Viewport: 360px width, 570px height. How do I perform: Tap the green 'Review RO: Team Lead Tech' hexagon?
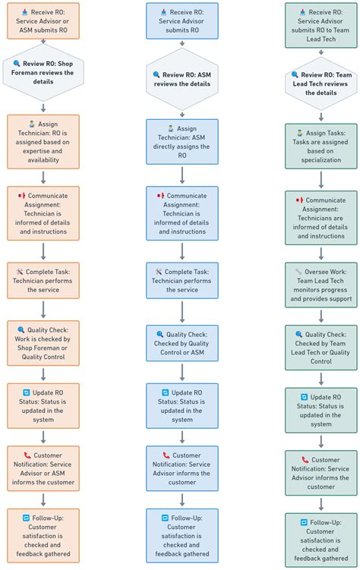click(321, 83)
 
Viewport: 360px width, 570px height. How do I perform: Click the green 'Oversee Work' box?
click(321, 285)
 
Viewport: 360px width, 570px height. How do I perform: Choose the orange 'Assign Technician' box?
click(43, 141)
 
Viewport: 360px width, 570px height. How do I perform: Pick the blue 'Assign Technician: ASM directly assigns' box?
click(182, 142)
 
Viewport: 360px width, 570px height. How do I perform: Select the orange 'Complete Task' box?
click(43, 280)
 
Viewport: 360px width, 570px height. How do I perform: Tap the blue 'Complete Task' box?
click(182, 281)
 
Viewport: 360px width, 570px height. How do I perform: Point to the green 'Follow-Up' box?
click(321, 539)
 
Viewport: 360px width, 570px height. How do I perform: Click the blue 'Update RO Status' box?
click(182, 406)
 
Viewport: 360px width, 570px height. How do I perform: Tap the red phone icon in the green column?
click(305, 460)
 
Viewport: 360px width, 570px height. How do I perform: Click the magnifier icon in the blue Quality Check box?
click(160, 334)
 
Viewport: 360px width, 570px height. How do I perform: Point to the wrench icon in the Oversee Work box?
click(298, 271)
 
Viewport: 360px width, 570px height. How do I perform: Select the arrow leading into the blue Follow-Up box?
click(182, 500)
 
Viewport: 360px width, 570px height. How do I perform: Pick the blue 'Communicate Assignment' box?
click(182, 213)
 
